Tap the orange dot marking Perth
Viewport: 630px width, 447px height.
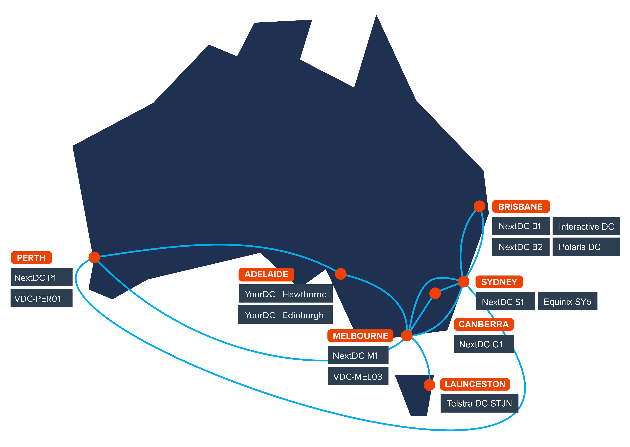pyautogui.click(x=94, y=257)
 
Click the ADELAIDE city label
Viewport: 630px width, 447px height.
pyautogui.click(x=266, y=274)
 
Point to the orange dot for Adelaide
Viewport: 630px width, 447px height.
pyautogui.click(x=341, y=274)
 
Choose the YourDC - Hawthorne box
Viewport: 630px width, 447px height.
pyautogui.click(x=285, y=294)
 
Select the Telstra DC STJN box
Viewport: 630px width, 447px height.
pyautogui.click(x=479, y=403)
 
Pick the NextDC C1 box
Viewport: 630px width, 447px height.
pyautogui.click(x=484, y=344)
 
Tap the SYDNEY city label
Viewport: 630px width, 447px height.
pyautogui.click(x=499, y=282)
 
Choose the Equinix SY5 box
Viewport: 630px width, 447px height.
pyautogui.click(x=568, y=301)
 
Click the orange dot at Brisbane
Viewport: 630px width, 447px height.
pyautogui.click(x=479, y=206)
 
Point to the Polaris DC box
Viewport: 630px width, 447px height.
pyautogui.click(x=586, y=247)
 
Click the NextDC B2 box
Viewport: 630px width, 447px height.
pyautogui.click(x=520, y=247)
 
